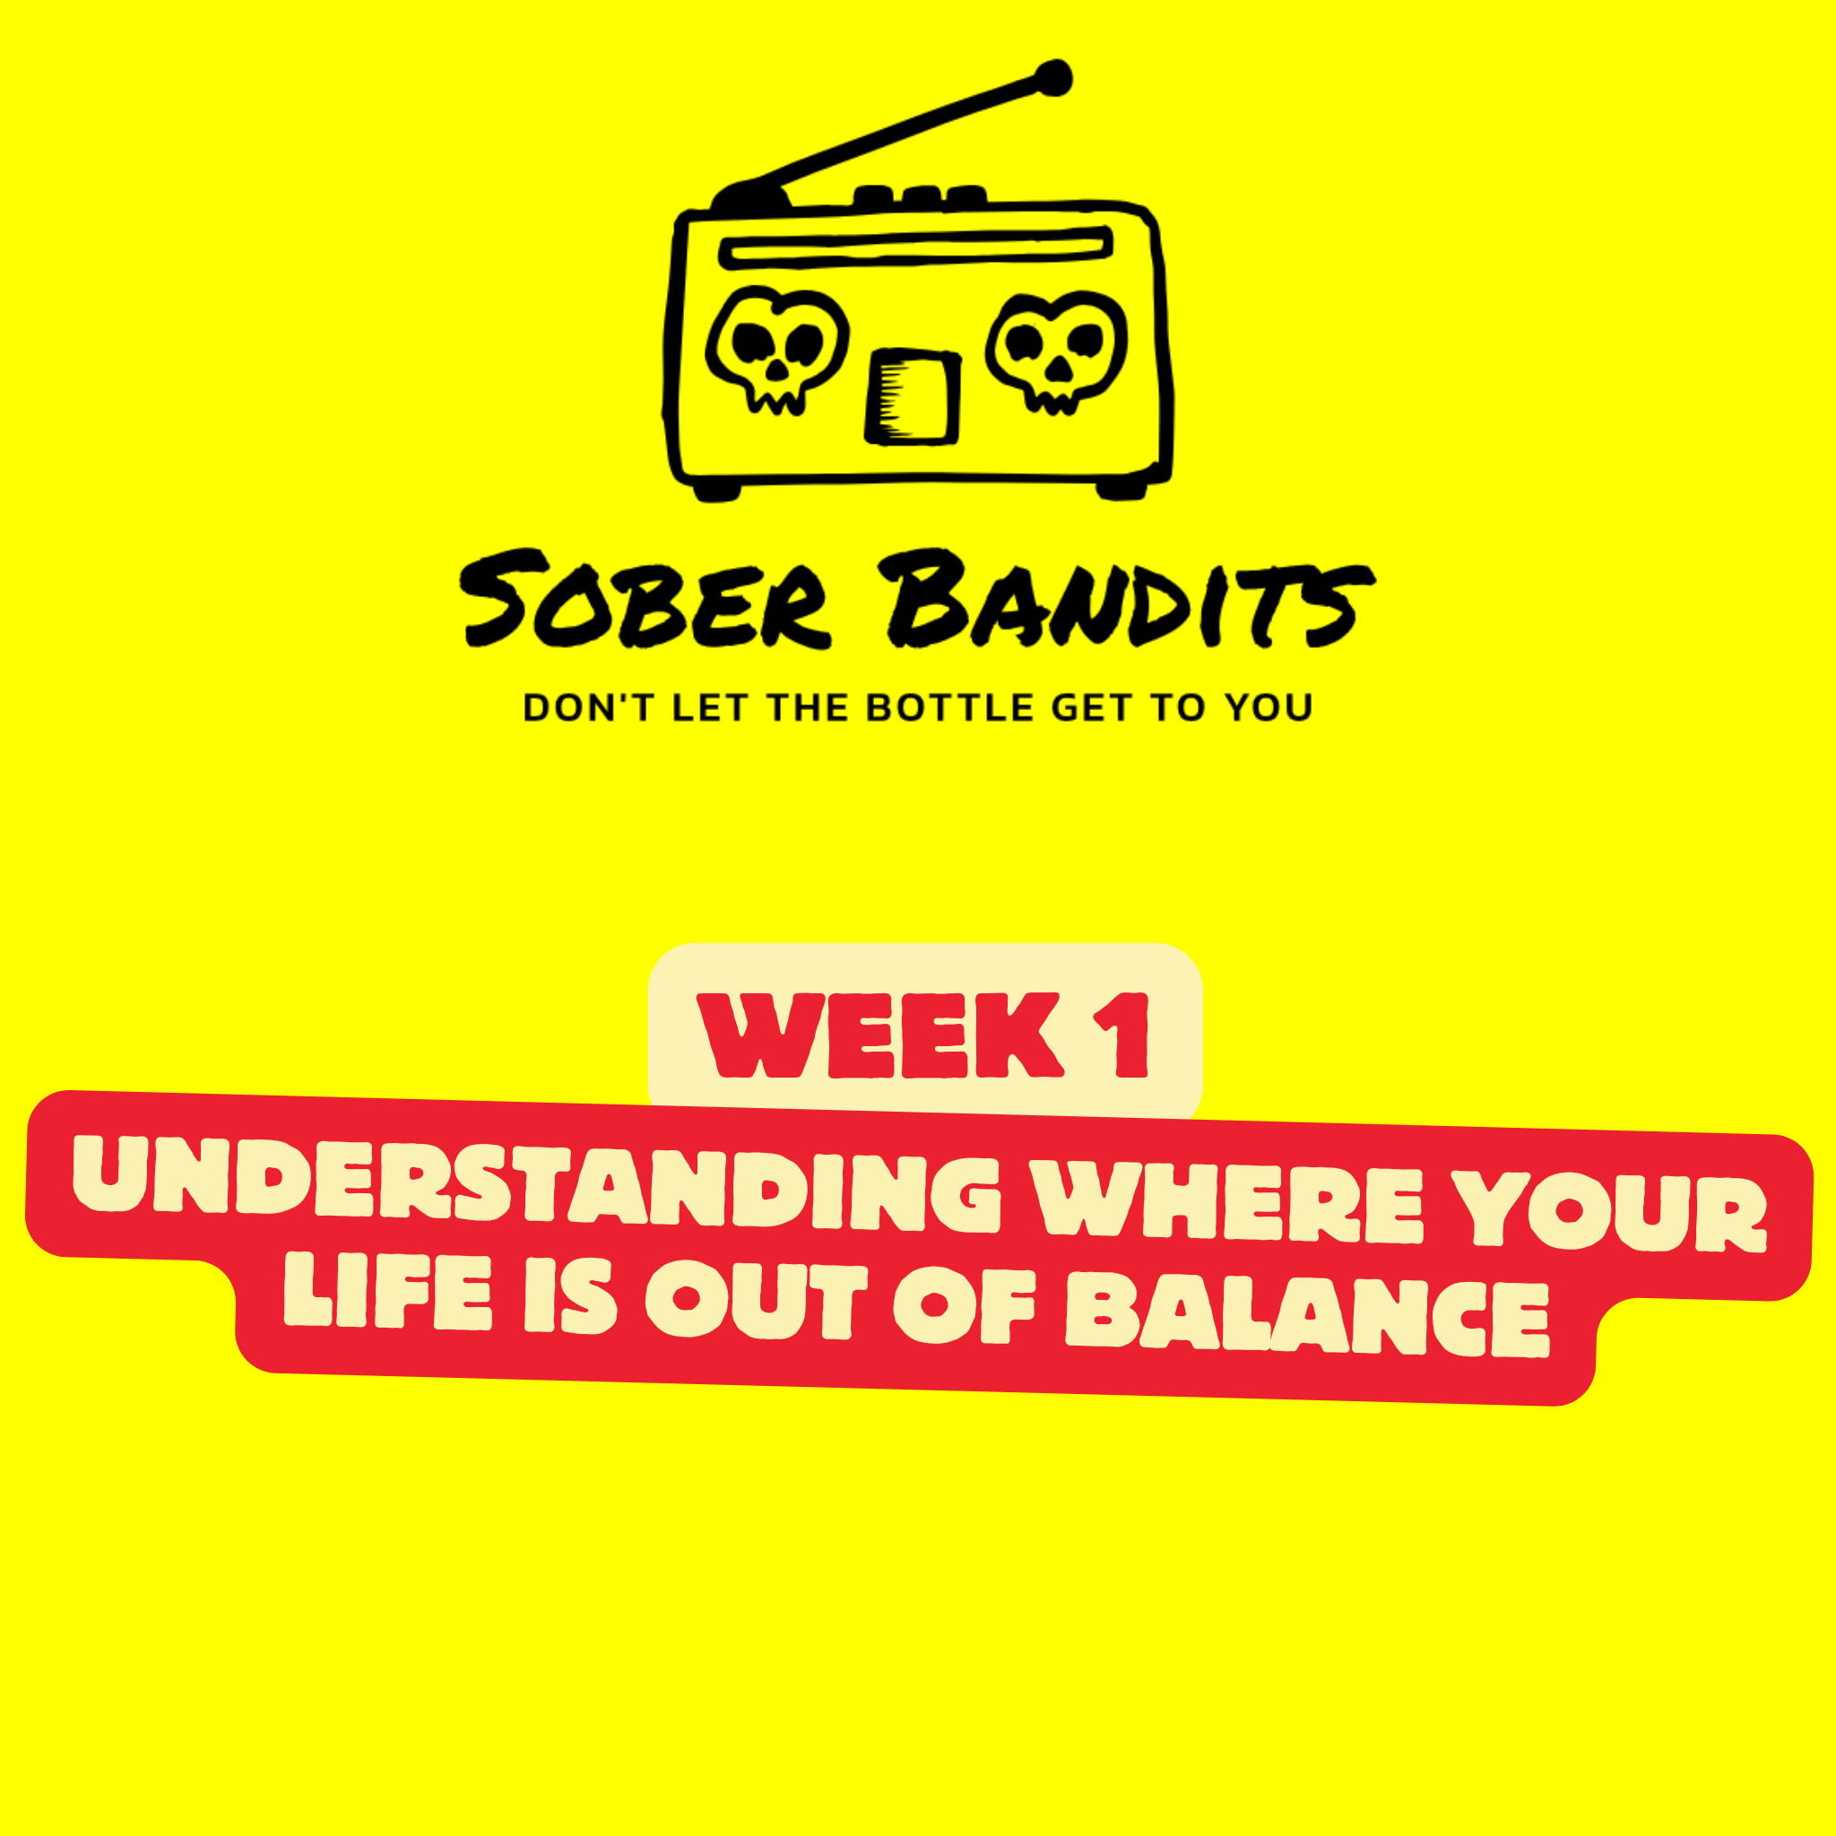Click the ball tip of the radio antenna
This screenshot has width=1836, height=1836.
click(1053, 78)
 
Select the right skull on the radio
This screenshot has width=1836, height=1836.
click(1057, 352)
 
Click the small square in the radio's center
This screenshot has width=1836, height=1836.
click(913, 396)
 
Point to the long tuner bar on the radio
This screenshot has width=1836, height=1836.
click(916, 247)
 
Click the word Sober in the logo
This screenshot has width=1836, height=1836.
click(646, 600)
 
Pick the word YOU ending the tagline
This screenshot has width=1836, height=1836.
click(1269, 708)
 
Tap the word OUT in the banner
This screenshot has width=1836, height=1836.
click(757, 1301)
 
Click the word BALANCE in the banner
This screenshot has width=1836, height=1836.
click(1308, 1315)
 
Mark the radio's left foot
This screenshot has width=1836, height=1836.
click(717, 491)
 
